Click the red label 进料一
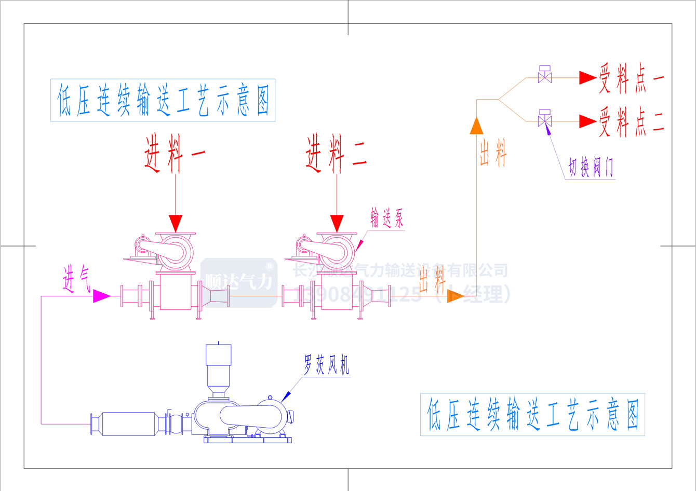click(175, 154)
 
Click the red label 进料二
click(337, 154)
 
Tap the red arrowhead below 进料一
click(176, 223)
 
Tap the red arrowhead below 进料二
click(337, 223)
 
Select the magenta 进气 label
click(76, 280)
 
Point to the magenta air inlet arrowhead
click(101, 296)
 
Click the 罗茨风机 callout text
click(326, 365)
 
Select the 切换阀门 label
click(591, 168)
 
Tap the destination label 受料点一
click(632, 78)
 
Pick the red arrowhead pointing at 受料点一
click(587, 78)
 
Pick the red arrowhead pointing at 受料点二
click(587, 121)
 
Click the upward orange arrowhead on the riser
click(476, 126)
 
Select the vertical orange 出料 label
click(492, 154)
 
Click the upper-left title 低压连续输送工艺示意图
click(163, 100)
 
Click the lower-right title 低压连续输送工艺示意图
click(532, 414)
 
